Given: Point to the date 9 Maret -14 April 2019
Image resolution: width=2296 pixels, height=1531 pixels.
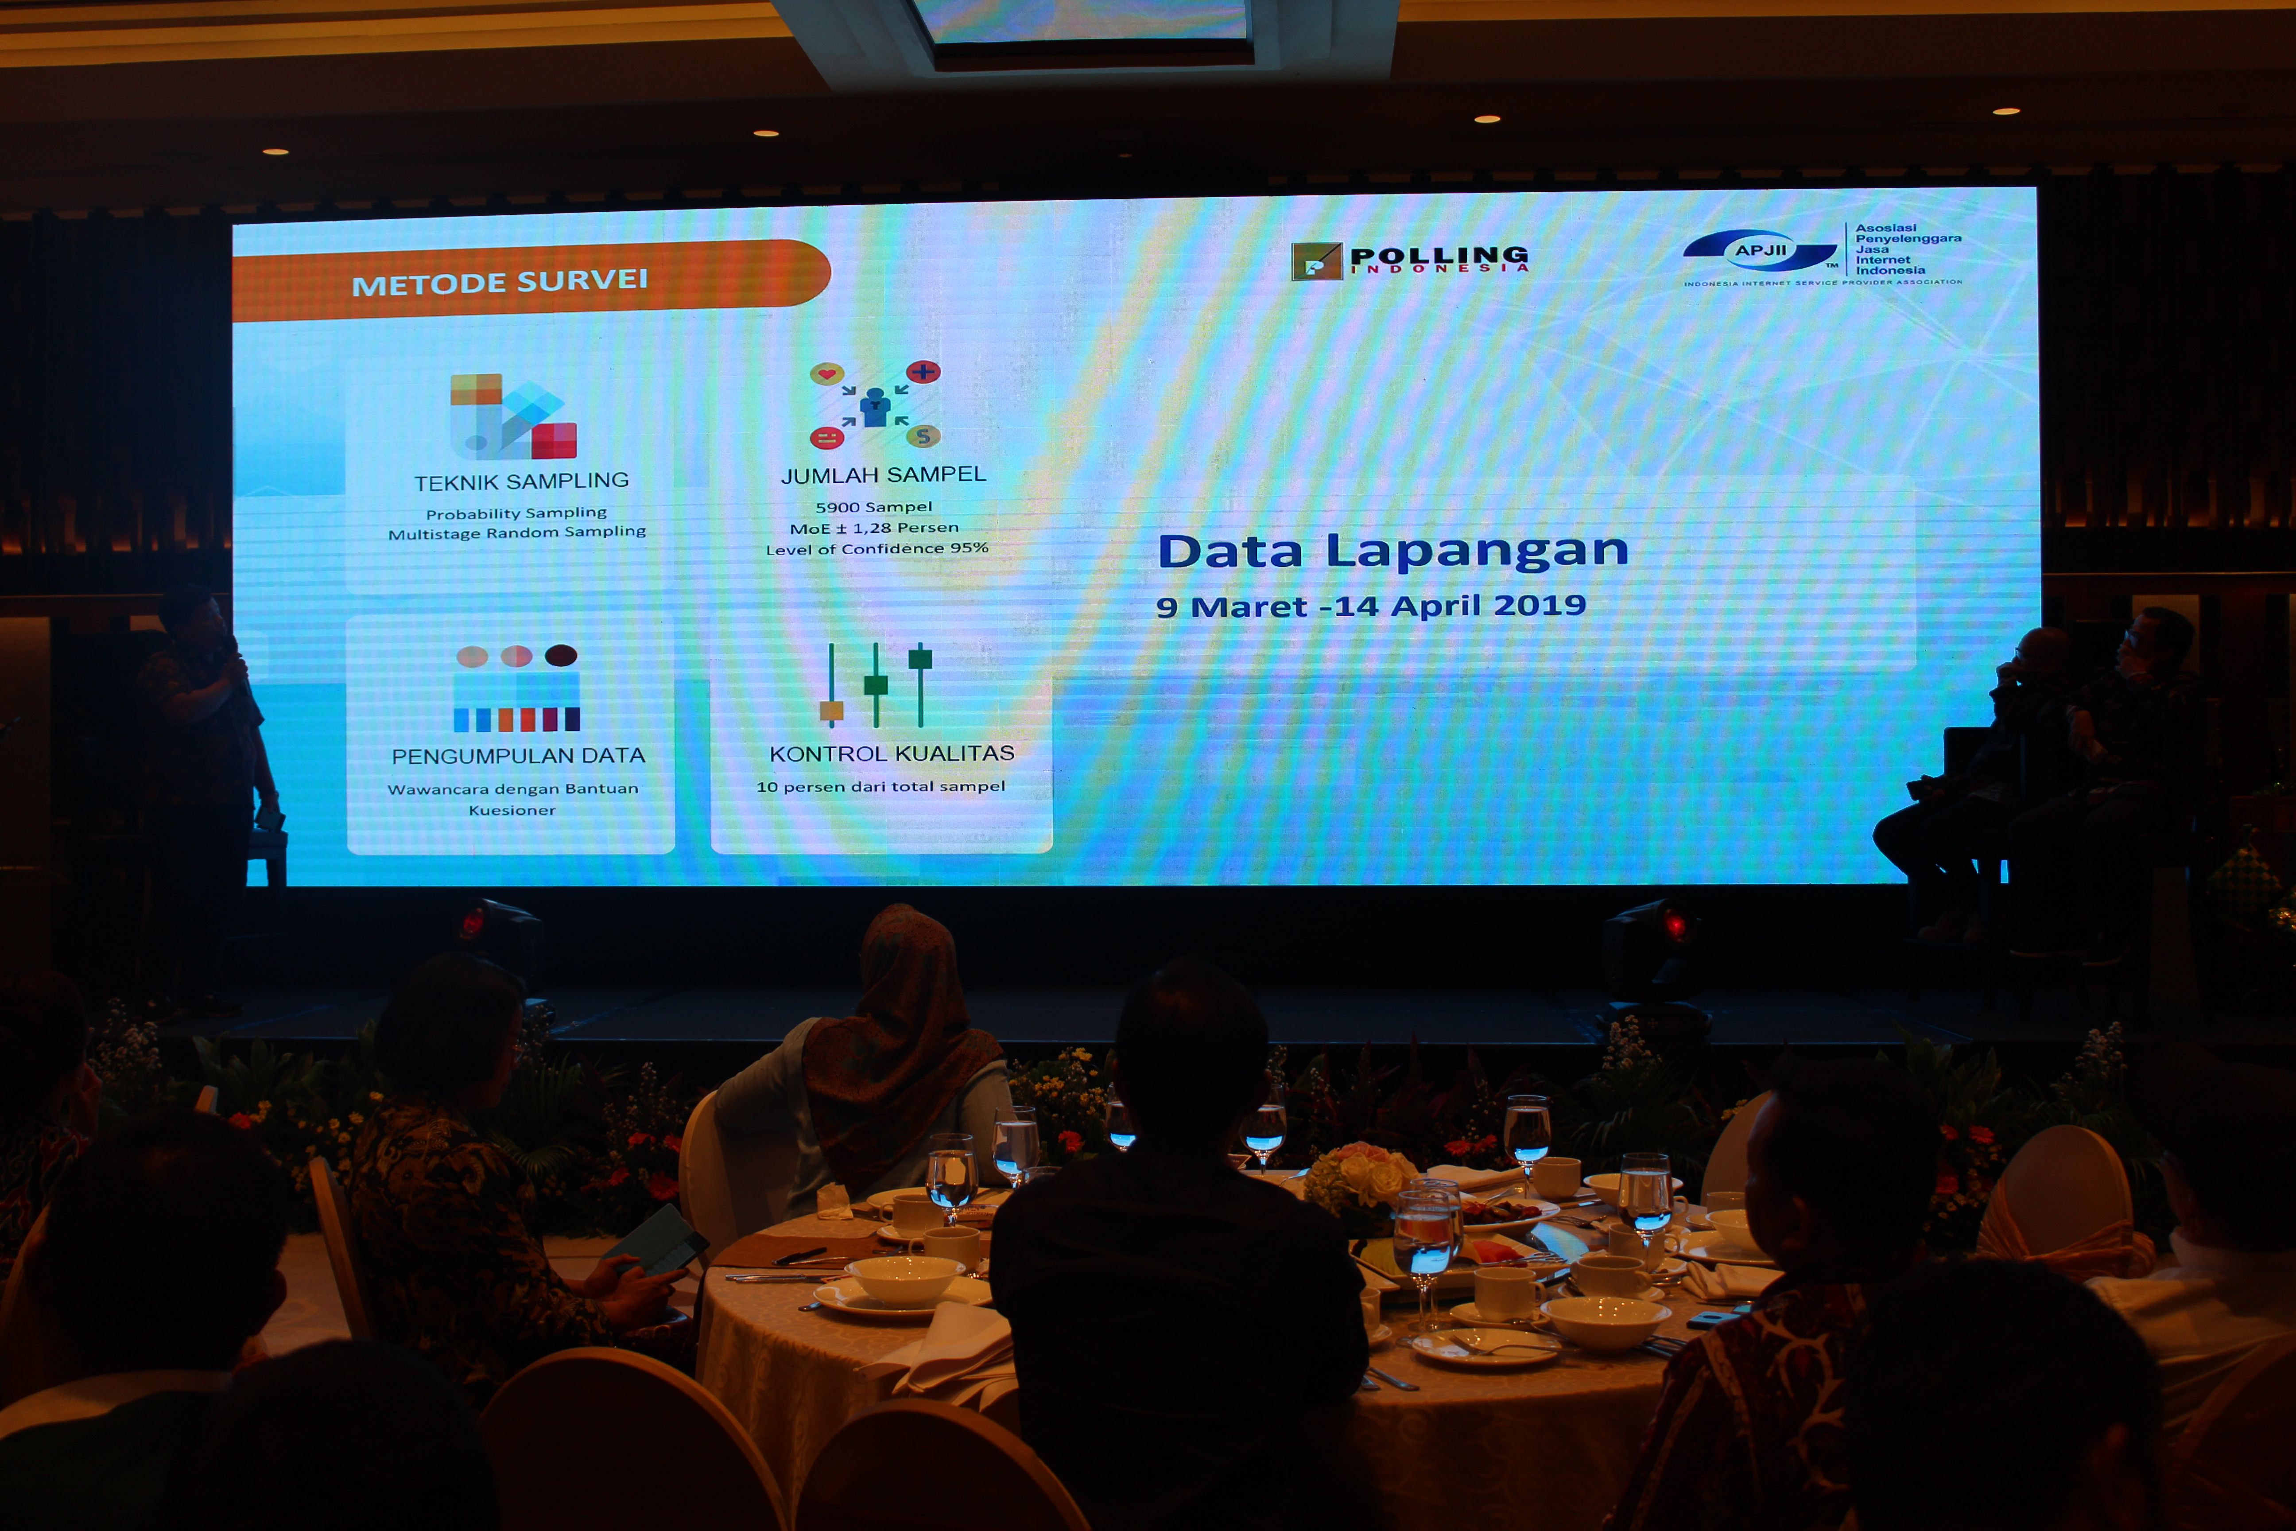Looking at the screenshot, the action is point(1371,606).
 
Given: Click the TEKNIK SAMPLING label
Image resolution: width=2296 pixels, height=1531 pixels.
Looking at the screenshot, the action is point(521,482).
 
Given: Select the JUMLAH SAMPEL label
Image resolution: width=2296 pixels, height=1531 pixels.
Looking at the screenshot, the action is point(884,474).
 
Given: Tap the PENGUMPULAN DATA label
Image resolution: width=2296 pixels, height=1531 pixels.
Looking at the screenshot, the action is point(518,756).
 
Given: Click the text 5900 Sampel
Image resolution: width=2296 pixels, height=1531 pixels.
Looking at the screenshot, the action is point(874,507).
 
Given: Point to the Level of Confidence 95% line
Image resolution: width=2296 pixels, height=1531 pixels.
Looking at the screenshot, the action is point(877,549).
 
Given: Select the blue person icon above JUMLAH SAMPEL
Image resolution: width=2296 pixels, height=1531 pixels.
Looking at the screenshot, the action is point(875,406).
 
